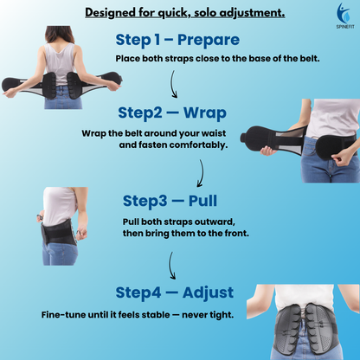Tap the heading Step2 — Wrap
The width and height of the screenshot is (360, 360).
point(173,114)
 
